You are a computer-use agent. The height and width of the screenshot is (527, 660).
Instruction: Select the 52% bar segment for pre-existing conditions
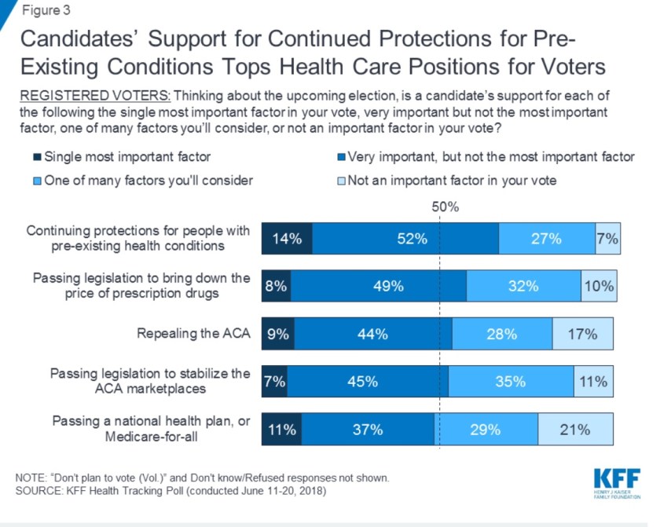point(405,239)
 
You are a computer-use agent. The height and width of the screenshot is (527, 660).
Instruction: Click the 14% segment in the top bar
point(287,239)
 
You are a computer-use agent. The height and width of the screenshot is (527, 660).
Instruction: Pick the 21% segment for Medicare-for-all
point(574,430)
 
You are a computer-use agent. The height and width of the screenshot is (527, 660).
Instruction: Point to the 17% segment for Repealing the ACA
point(582,334)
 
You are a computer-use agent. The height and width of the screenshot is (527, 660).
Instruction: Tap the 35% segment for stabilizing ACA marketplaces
point(511,382)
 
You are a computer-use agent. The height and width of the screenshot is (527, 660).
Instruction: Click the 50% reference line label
point(445,207)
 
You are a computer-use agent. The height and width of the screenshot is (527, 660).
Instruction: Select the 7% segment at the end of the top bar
point(607,239)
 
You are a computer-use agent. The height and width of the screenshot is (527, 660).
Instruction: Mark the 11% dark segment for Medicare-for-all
point(281,430)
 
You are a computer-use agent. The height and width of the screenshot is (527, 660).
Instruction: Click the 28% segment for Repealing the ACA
point(502,334)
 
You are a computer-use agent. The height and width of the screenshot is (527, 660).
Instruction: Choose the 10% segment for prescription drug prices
point(599,287)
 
